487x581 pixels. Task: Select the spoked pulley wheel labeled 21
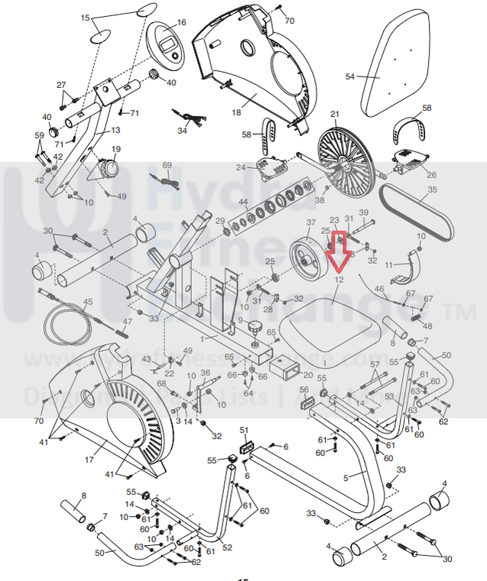point(340,159)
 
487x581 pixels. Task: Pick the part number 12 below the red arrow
point(339,281)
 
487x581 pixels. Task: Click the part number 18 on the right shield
point(236,112)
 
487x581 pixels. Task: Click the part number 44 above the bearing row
point(243,203)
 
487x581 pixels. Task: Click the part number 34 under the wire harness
point(182,131)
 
